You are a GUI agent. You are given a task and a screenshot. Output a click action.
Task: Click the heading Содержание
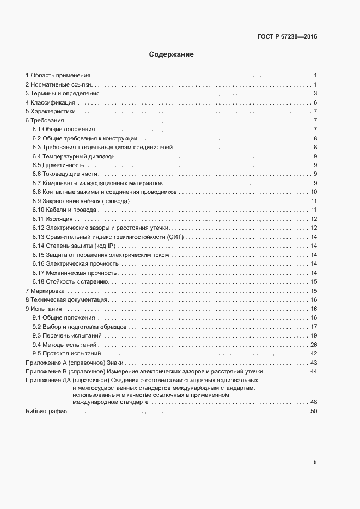click(x=171, y=55)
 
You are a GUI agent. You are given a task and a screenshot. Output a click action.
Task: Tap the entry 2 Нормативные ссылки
click(x=59, y=84)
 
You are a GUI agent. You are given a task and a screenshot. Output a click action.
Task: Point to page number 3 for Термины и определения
click(x=315, y=93)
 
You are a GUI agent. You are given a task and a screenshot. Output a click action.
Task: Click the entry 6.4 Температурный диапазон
click(x=74, y=156)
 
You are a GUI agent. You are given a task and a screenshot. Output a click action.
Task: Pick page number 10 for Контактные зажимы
click(x=314, y=192)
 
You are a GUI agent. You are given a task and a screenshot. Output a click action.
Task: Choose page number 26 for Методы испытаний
click(x=314, y=345)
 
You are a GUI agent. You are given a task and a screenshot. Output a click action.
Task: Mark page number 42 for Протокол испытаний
click(x=314, y=354)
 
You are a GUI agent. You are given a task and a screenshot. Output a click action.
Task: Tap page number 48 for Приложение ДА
click(x=314, y=402)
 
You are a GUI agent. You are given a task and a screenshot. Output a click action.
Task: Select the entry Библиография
click(x=46, y=411)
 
